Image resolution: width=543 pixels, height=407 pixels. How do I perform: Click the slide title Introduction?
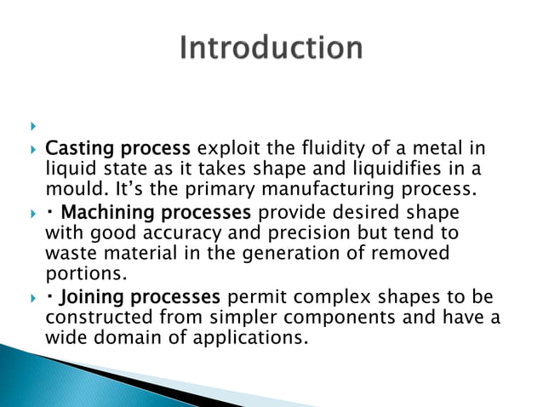coord(271,48)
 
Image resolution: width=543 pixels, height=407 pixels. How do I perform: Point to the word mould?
coord(69,187)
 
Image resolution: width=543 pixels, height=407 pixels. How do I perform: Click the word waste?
coord(69,253)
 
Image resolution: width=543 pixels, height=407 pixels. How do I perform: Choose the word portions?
coord(79,273)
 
